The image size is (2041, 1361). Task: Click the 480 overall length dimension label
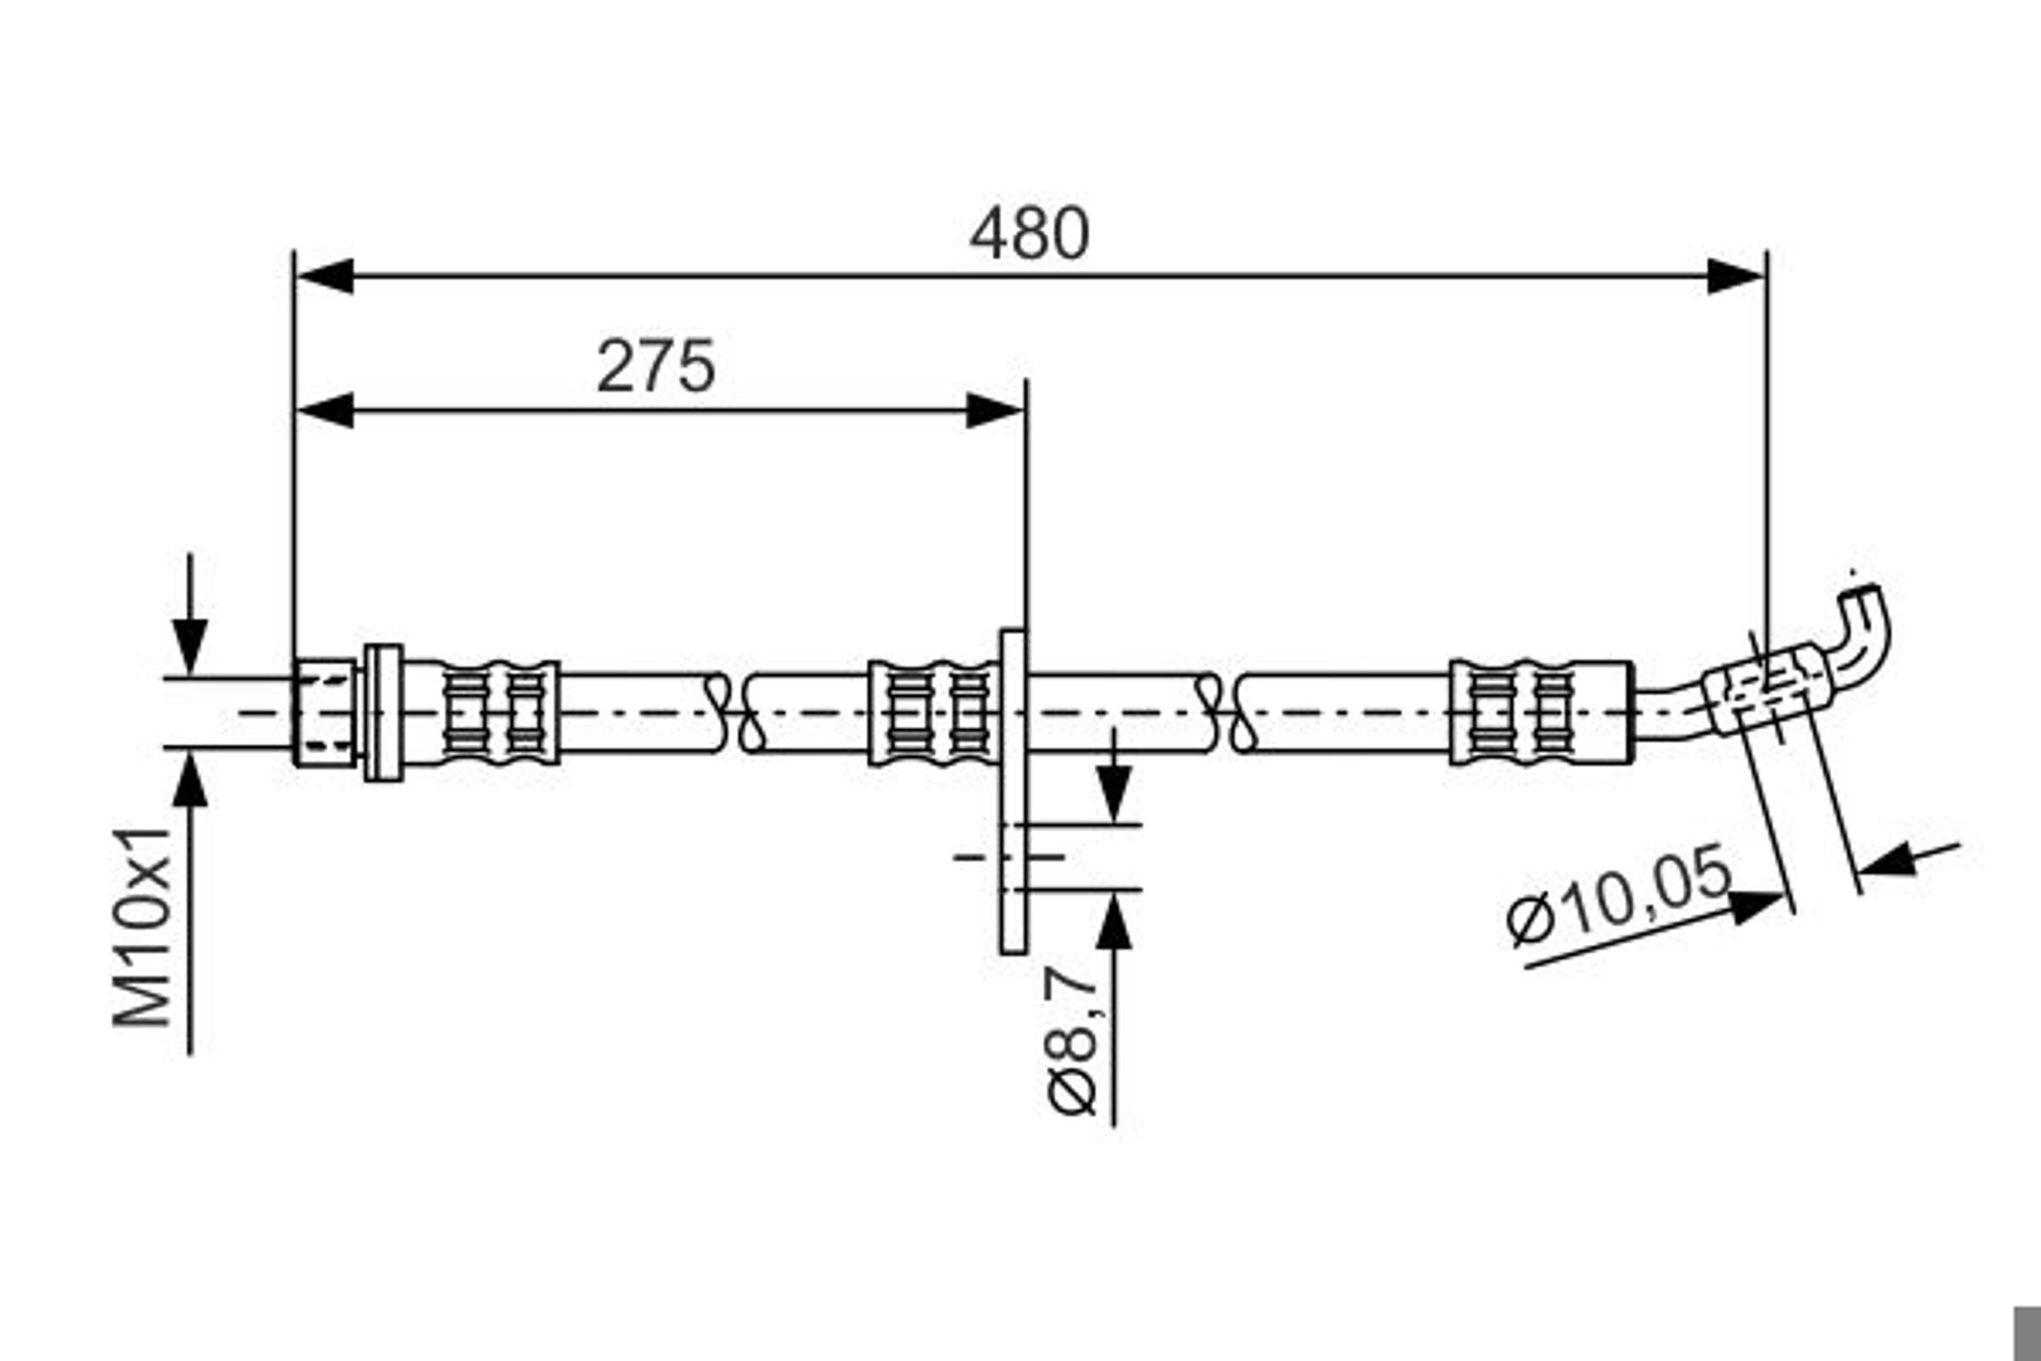[1028, 232]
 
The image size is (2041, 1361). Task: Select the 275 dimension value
[656, 367]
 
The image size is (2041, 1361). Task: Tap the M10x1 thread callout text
[142, 927]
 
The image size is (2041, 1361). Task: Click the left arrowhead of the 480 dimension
[325, 276]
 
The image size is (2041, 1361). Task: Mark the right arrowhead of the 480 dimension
[1736, 276]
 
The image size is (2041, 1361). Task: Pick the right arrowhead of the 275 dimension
[995, 411]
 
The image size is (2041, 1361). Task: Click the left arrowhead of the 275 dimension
[325, 411]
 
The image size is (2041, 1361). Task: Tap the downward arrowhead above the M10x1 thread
[190, 646]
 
